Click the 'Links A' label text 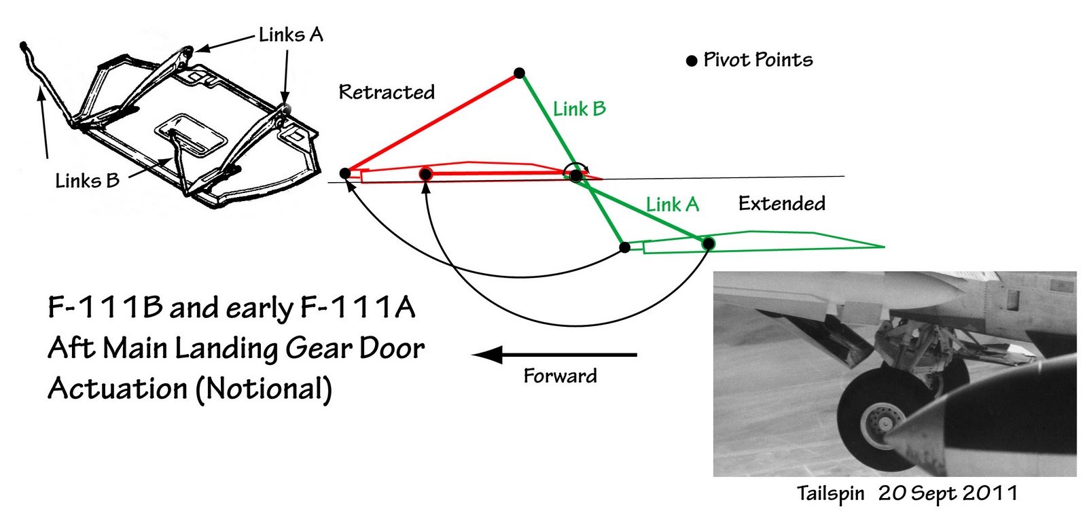291,35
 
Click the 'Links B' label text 88,181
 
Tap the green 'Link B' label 579,109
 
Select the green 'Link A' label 672,205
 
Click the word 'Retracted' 387,92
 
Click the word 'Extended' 781,203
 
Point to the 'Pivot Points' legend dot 692,61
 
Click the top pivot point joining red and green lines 519,73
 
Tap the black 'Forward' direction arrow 554,355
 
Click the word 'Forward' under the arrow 560,376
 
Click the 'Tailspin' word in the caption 830,494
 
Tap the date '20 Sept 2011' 947,493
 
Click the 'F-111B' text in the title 105,308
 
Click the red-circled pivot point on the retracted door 426,174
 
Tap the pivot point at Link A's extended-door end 708,243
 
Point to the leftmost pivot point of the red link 345,173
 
